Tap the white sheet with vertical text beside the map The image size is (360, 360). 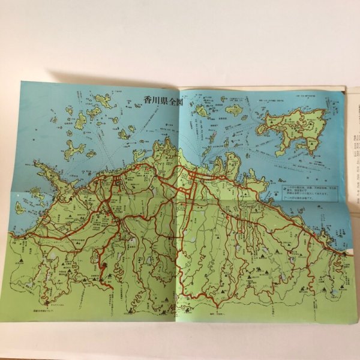pos(352,156)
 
